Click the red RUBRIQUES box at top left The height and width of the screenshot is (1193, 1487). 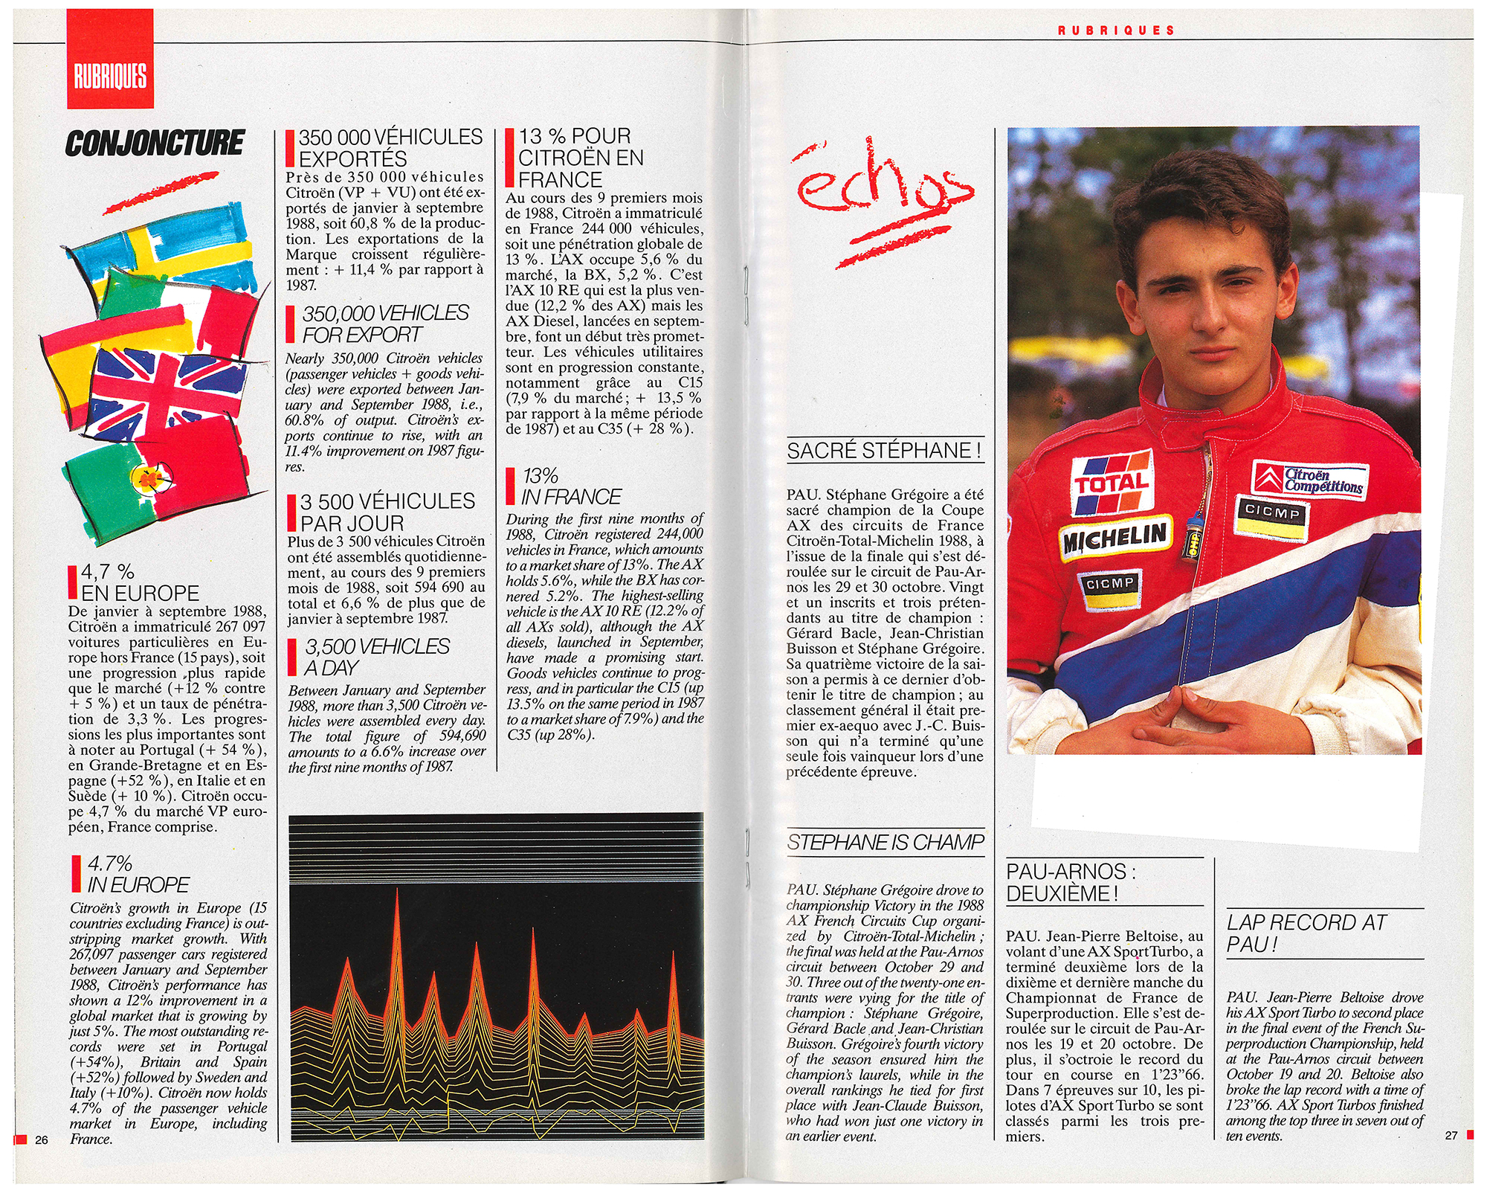coord(110,60)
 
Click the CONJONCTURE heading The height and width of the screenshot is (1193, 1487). coord(155,143)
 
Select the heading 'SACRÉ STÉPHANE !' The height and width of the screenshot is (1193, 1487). coord(885,451)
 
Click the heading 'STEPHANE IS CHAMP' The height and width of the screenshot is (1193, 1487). coord(886,842)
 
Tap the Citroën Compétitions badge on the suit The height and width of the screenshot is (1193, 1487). coord(1312,480)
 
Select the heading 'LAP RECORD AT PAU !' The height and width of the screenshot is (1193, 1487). coord(1306,933)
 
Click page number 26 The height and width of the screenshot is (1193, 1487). coord(41,1140)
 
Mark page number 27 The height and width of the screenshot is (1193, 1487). coord(1451,1136)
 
